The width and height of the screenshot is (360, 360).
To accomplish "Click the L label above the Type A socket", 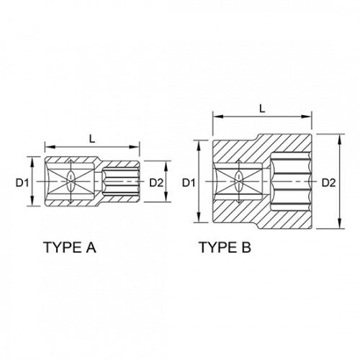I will point(91,136).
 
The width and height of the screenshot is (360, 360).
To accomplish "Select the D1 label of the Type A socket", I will point(22,183).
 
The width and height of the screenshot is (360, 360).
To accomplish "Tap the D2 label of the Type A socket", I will point(156,183).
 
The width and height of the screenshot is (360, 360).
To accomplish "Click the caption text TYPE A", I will point(70,247).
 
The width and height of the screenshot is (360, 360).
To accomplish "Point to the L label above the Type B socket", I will point(261,107).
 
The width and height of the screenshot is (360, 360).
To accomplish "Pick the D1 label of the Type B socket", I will point(188,183).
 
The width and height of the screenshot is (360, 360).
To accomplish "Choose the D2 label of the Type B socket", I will point(328,183).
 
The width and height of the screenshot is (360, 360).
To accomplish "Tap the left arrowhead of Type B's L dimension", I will point(214,115).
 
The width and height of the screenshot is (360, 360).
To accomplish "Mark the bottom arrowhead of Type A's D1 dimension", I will point(33,204).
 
